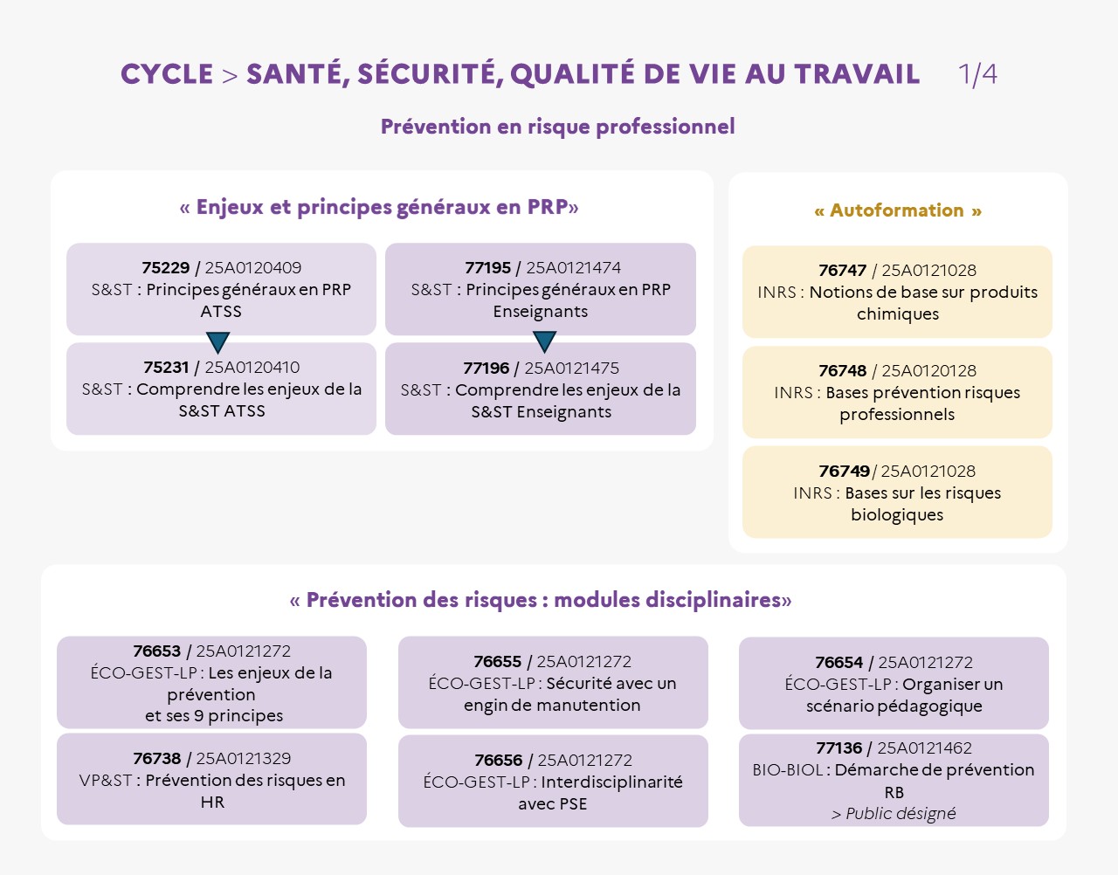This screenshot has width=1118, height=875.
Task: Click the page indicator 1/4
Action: pyautogui.click(x=977, y=74)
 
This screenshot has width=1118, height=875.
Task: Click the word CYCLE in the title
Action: pyautogui.click(x=167, y=75)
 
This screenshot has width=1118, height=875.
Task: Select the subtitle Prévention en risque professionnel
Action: pyautogui.click(x=557, y=127)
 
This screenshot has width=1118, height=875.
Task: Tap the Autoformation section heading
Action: pyautogui.click(x=897, y=210)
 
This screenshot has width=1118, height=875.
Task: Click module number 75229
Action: pyautogui.click(x=165, y=268)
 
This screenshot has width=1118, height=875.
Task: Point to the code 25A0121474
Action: pyautogui.click(x=573, y=268)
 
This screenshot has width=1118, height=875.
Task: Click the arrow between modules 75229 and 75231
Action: pyautogui.click(x=217, y=341)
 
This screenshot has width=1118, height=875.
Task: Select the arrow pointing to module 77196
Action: pyautogui.click(x=544, y=341)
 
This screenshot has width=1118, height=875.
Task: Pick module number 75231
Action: pyautogui.click(x=166, y=368)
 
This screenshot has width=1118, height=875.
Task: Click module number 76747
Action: pyautogui.click(x=842, y=271)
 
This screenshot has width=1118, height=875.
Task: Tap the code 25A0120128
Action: pyautogui.click(x=928, y=371)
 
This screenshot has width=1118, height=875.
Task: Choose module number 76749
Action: pyautogui.click(x=844, y=472)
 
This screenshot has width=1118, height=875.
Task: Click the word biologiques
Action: pyautogui.click(x=897, y=515)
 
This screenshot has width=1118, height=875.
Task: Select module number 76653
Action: pyautogui.click(x=156, y=651)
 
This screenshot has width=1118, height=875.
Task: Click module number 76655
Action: pyautogui.click(x=497, y=662)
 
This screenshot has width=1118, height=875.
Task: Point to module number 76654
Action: pyautogui.click(x=838, y=663)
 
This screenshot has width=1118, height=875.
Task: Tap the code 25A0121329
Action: pyautogui.click(x=243, y=759)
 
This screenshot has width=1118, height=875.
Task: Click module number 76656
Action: pyautogui.click(x=498, y=761)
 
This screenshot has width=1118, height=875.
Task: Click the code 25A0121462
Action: pyautogui.click(x=924, y=748)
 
